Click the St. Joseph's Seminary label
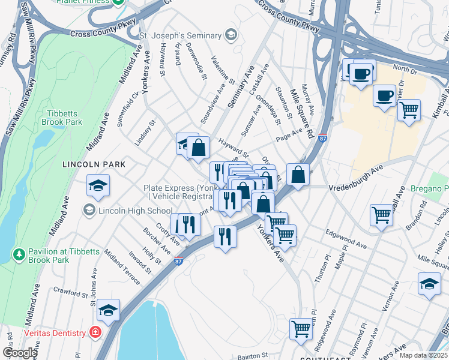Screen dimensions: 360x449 pos(181,36)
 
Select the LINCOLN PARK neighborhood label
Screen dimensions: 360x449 pos(94,164)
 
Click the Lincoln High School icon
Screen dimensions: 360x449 pos(89,210)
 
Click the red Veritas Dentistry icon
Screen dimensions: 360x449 pos(95,332)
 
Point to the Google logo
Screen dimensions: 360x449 pos(20,352)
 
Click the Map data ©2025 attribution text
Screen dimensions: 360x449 pos(423,355)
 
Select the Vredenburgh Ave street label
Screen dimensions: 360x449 pos(355,179)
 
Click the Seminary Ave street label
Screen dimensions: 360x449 pos(241,88)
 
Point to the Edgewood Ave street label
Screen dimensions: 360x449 pos(346,239)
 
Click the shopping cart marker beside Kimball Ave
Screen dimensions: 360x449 pos(409,110)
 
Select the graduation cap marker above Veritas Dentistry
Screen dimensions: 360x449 pos(108,310)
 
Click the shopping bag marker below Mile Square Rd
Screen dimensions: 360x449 pos(298,175)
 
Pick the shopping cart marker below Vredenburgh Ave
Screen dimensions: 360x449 pos(382,215)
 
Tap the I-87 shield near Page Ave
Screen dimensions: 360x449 pos(323,138)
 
